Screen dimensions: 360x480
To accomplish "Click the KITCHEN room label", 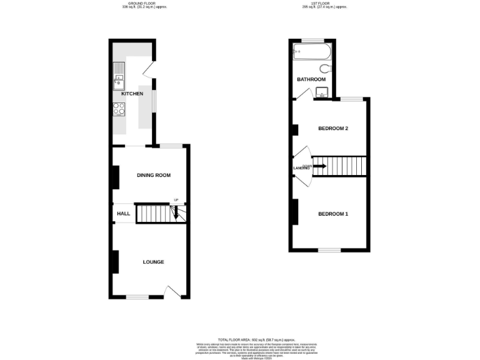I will [x=132, y=94].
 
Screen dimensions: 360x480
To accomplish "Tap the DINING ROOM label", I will [x=154, y=175].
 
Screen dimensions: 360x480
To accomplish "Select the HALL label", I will [x=123, y=213].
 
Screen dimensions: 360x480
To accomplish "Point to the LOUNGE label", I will [x=153, y=262].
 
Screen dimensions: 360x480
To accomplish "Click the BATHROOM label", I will [x=311, y=79].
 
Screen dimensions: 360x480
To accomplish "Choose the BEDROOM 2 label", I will [x=332, y=129].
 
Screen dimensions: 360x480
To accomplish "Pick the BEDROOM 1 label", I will [x=332, y=214].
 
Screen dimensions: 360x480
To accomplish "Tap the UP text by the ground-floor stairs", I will [x=176, y=200].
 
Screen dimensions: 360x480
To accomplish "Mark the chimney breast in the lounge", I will [x=115, y=261].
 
